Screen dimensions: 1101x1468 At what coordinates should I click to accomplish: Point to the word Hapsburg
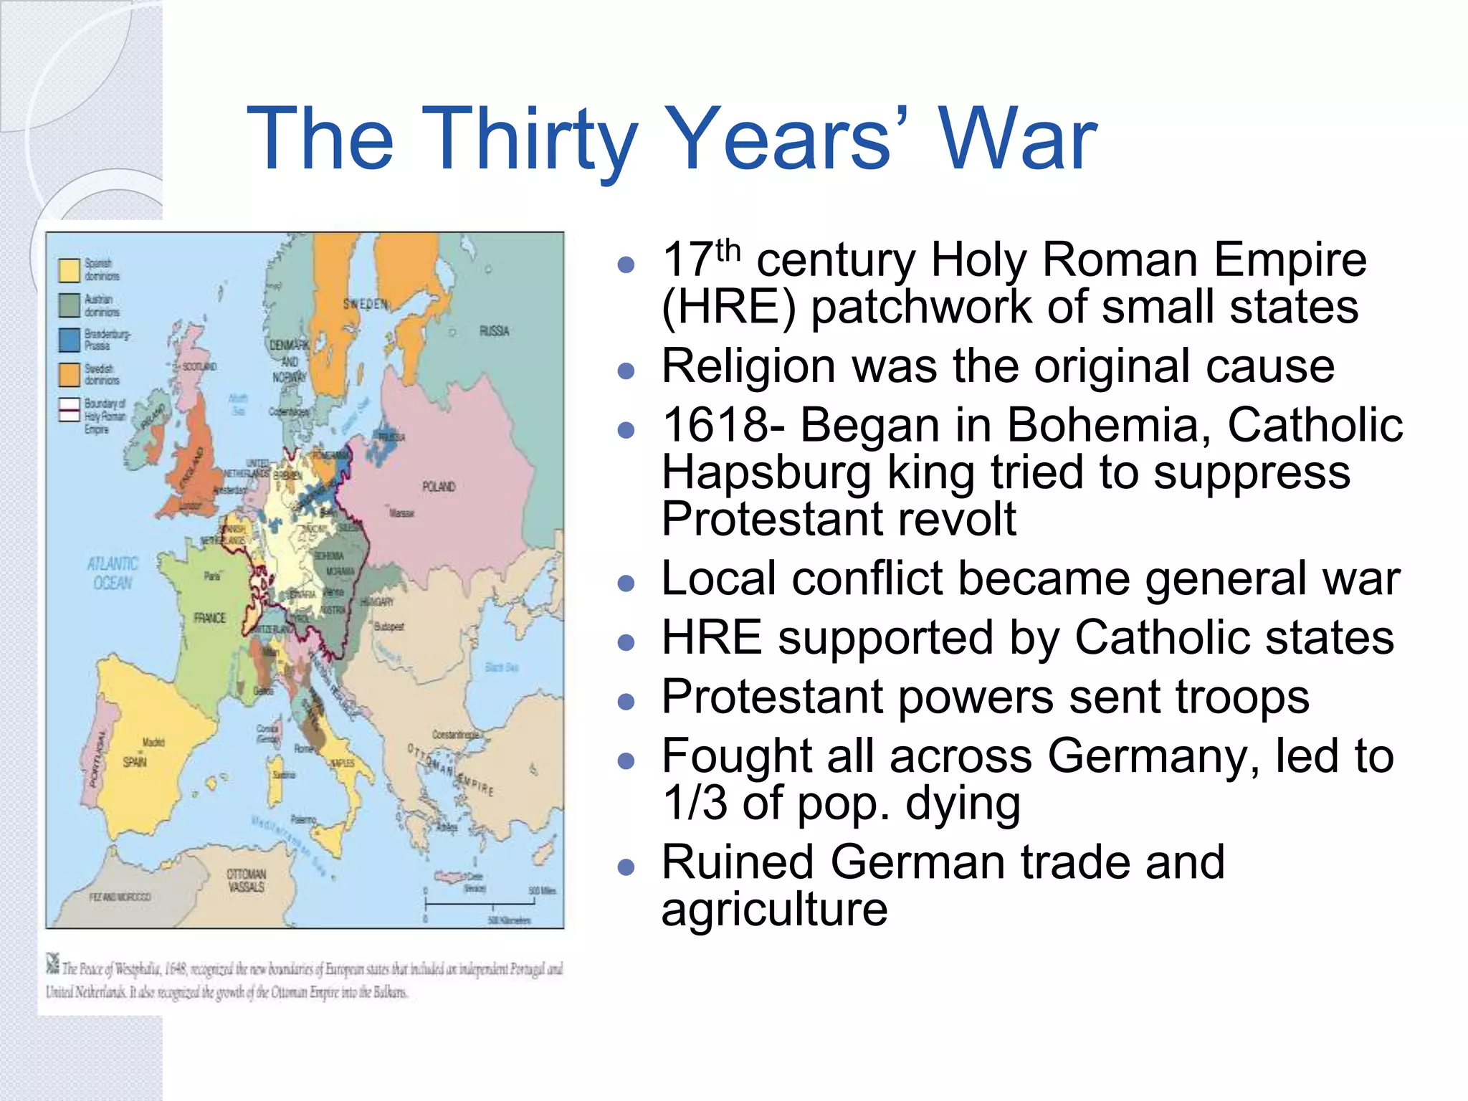[766, 473]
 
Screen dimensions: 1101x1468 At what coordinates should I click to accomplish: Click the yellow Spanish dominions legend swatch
[70, 270]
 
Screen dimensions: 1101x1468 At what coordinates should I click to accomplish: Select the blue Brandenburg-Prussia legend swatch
[70, 340]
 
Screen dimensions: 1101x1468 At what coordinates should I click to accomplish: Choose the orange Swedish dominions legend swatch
[70, 374]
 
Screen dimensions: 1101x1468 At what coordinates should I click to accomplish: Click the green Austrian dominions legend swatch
[70, 305]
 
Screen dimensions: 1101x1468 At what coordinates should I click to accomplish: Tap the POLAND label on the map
[439, 487]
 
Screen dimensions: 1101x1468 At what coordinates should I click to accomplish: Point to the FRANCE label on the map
[209, 618]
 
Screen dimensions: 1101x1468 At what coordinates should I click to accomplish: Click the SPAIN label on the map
[135, 761]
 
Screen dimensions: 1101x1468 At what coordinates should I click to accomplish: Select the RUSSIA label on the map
[494, 331]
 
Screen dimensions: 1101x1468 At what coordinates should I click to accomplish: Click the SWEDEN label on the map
[365, 304]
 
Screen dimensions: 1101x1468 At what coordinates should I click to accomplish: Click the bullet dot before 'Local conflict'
[626, 583]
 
